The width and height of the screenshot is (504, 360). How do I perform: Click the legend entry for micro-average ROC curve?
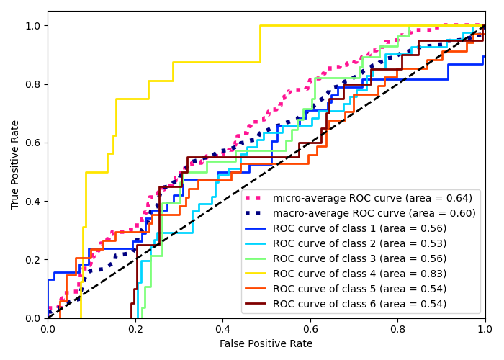tap(374, 198)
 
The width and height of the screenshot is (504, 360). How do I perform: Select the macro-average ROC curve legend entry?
tap(374, 213)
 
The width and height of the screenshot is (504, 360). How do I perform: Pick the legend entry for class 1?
tap(359, 228)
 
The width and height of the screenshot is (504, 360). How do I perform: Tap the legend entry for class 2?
tap(359, 243)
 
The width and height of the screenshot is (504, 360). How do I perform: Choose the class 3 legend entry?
tap(359, 258)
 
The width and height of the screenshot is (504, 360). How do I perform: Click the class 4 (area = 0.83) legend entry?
tap(359, 274)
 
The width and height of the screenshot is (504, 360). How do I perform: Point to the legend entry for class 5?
tap(359, 289)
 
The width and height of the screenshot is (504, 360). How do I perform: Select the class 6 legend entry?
tap(359, 304)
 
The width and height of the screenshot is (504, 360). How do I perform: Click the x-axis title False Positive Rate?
tap(266, 344)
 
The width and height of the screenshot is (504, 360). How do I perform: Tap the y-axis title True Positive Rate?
tap(15, 165)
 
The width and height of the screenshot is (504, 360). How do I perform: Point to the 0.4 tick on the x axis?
tap(222, 329)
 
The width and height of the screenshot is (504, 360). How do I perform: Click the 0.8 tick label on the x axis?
tap(397, 329)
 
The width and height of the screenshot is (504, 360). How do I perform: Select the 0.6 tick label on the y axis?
tap(33, 143)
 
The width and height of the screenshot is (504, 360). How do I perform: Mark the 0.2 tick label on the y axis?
tap(33, 260)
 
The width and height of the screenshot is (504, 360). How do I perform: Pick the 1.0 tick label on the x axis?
tap(485, 329)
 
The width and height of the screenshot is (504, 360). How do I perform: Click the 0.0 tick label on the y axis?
tap(33, 318)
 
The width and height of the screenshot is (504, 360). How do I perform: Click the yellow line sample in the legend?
tap(257, 274)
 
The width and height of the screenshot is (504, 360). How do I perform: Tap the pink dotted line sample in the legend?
tap(257, 198)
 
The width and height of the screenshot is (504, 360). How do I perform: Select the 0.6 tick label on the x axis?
tap(310, 329)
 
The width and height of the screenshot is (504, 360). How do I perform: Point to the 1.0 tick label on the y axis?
tap(33, 26)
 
